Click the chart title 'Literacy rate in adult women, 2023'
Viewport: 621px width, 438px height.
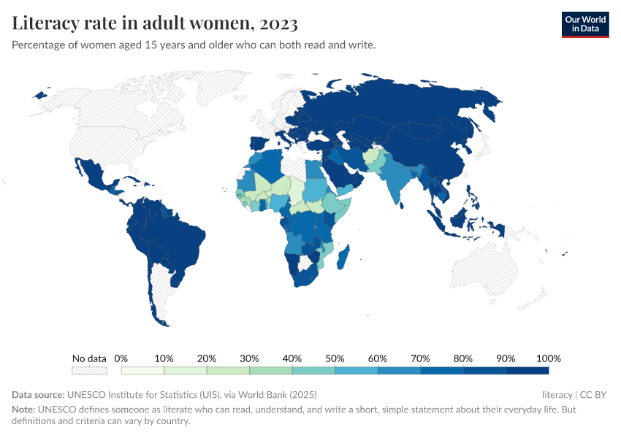coord(155,23)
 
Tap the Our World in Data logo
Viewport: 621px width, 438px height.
coord(584,24)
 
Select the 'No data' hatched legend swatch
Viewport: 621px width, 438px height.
coord(89,371)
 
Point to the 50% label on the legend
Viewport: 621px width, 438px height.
coord(335,358)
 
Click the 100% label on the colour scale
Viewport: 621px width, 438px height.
coord(548,358)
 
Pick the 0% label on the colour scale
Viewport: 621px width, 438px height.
coord(121,358)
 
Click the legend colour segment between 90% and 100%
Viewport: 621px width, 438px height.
coord(527,371)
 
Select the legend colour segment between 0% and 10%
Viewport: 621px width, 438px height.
coord(142,371)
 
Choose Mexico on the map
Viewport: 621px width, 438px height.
coord(92,176)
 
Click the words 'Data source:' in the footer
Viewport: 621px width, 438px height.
coord(38,395)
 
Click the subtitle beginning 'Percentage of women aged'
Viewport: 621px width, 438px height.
coord(194,45)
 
